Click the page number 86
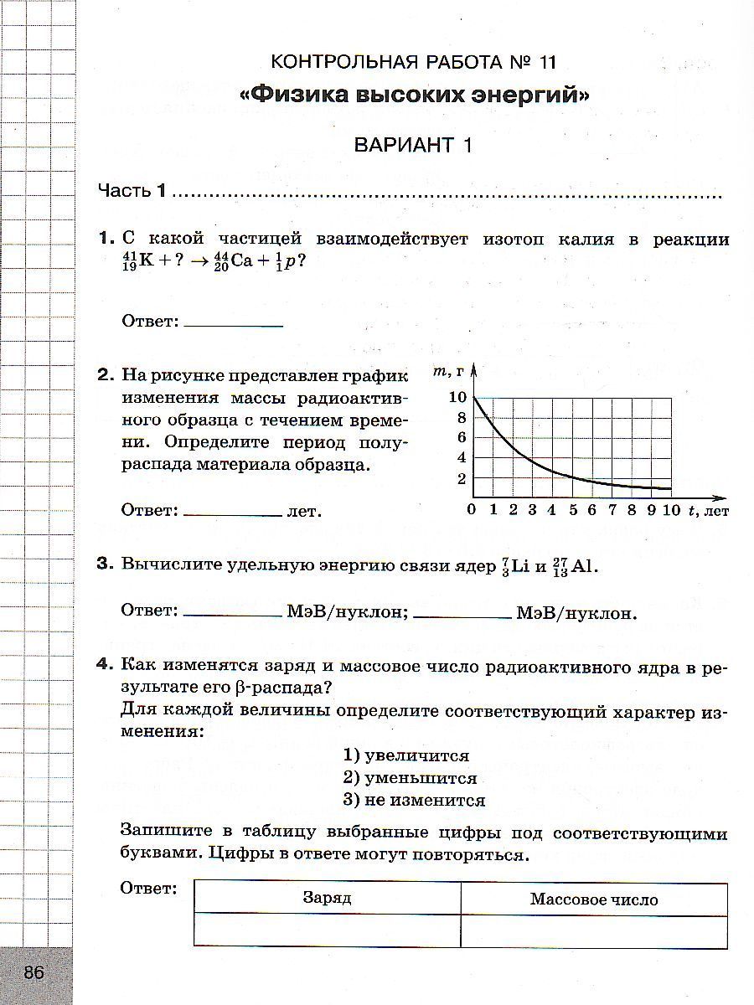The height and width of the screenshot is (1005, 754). (34, 972)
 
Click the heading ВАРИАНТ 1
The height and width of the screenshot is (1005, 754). (413, 145)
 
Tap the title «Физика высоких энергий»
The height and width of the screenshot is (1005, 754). (414, 95)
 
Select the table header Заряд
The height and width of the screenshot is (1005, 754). (327, 899)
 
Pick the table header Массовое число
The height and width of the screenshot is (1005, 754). (594, 899)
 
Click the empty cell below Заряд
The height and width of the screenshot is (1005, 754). (327, 930)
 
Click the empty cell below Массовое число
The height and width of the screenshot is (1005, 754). (594, 930)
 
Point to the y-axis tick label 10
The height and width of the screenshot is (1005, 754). (457, 397)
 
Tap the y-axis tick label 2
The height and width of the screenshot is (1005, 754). (461, 479)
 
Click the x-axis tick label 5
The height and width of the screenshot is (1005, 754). (572, 509)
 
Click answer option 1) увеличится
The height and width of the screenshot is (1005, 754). (405, 755)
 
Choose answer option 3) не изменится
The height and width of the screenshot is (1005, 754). (414, 800)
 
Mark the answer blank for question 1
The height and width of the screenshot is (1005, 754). (233, 321)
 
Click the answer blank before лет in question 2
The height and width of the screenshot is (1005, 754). (233, 510)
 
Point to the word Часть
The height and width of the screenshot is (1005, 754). (124, 191)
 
